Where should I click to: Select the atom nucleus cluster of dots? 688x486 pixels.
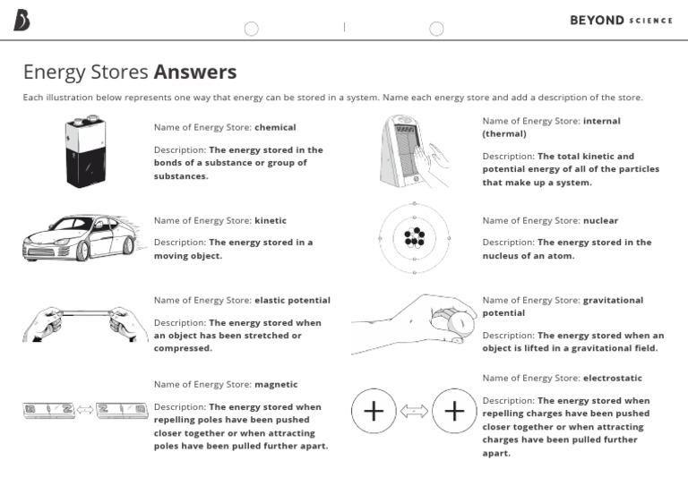click(414, 237)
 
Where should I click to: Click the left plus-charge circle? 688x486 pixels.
click(374, 412)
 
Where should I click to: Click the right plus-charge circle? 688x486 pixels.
click(454, 412)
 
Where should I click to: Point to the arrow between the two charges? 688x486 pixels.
click(414, 412)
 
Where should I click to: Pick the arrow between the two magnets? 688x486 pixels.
click(85, 411)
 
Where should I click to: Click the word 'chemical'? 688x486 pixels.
click(275, 127)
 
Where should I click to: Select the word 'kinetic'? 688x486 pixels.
click(271, 220)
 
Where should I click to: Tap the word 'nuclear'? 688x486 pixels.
click(600, 220)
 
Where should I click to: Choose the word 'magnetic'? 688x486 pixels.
click(276, 385)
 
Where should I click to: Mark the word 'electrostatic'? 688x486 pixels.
click(613, 378)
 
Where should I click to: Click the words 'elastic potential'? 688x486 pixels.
click(292, 300)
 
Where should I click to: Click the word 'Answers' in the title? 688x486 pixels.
click(195, 72)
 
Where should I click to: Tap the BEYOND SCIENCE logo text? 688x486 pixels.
click(621, 20)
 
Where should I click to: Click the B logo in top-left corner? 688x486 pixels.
click(21, 21)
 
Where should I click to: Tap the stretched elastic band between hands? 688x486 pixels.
click(85, 313)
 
